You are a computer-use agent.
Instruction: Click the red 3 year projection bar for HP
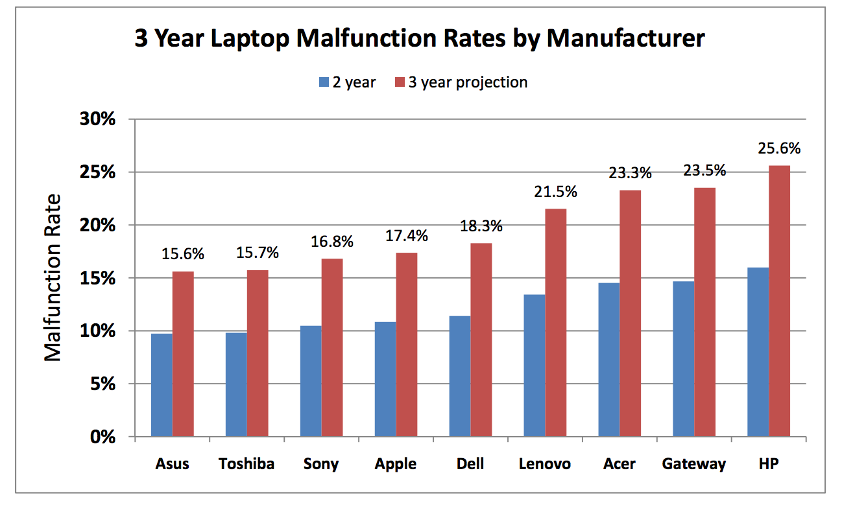coord(780,301)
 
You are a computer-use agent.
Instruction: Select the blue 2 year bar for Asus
coord(162,385)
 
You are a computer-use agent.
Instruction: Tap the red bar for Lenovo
coord(556,323)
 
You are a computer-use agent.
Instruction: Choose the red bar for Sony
coord(332,347)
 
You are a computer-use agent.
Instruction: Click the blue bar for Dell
coord(460,376)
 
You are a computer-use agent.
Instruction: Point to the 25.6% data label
coord(779,148)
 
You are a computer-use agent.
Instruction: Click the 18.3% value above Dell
coord(481,226)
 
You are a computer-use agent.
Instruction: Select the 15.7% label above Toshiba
coord(257,253)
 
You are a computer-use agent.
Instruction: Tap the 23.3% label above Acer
coord(630,173)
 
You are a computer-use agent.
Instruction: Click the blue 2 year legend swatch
coord(324,82)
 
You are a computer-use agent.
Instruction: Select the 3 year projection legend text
coord(468,82)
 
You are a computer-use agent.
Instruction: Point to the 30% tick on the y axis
coord(98,120)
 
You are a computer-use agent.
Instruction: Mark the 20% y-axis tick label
coord(98,225)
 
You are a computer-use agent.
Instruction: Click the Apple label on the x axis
coord(396,464)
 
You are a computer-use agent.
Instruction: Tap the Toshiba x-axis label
coord(247,464)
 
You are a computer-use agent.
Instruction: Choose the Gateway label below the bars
coord(694,464)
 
